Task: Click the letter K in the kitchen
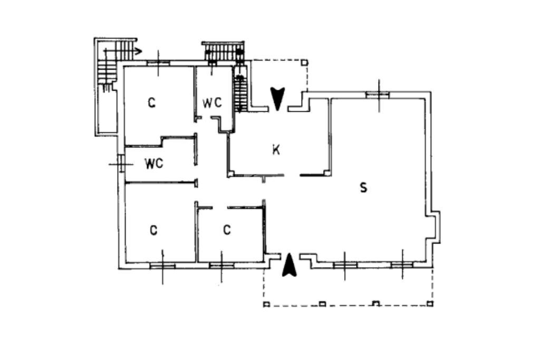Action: click(x=275, y=150)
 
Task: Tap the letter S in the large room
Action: click(x=363, y=187)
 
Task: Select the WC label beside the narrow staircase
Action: click(x=212, y=103)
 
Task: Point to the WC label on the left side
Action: click(x=153, y=164)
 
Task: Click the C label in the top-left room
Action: click(x=151, y=103)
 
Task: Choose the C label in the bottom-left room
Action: click(x=153, y=230)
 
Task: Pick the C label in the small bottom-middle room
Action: click(x=227, y=230)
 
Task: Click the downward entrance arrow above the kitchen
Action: click(x=277, y=98)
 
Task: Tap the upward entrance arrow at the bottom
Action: click(x=288, y=265)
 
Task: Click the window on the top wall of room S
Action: click(x=378, y=95)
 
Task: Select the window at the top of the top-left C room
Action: click(x=158, y=63)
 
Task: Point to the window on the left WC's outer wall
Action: click(x=121, y=164)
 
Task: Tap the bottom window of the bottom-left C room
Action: click(x=162, y=266)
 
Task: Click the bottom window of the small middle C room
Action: click(x=221, y=265)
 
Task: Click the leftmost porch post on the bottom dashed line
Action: click(x=266, y=304)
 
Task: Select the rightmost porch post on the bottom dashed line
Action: click(x=430, y=304)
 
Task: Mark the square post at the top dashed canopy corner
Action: click(x=304, y=63)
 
